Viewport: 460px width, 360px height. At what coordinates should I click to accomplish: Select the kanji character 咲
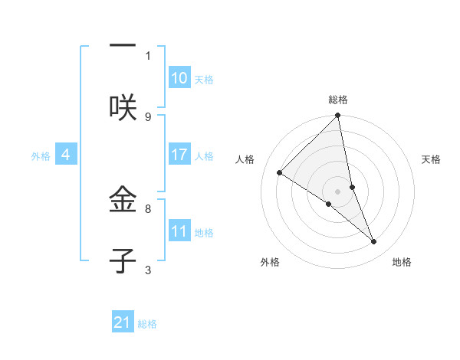(123, 107)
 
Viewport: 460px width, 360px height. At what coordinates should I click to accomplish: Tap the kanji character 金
(123, 201)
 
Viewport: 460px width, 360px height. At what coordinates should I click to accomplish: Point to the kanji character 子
(123, 261)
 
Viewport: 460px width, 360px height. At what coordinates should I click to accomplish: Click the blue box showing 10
(179, 78)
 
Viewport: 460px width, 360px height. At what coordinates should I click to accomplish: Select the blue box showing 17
(179, 155)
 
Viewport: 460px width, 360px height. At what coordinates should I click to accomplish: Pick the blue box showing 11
(179, 231)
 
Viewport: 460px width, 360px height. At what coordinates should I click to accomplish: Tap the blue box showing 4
(66, 155)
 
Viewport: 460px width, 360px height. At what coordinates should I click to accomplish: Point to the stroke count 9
(148, 116)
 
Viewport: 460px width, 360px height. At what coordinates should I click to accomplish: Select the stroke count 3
(148, 270)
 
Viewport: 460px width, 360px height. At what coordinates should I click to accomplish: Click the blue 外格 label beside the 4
(41, 155)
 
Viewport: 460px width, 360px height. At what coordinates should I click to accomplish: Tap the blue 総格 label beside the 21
(147, 323)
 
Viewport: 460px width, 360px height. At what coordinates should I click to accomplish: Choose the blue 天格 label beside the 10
(204, 79)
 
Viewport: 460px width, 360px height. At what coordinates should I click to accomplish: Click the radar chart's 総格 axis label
(338, 100)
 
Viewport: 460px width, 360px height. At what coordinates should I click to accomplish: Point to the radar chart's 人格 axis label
(245, 159)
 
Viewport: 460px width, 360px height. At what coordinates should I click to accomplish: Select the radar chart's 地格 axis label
(402, 263)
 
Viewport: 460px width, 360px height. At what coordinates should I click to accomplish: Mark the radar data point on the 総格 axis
(338, 116)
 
